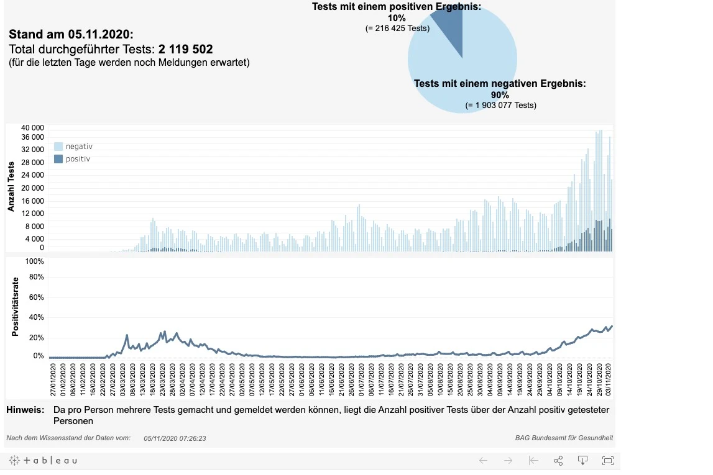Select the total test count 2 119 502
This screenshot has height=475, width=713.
pos(185,49)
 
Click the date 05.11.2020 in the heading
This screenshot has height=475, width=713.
pos(99,35)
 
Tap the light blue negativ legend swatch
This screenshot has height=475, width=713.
pos(58,146)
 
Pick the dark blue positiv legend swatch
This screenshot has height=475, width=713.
pos(58,159)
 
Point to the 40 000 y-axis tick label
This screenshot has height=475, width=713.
pos(32,128)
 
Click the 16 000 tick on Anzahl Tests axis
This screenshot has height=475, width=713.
pos(32,201)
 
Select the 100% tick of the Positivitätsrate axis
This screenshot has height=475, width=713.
pos(35,261)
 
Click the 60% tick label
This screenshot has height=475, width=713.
pos(37,297)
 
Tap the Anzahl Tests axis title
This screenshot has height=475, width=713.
pos(11,186)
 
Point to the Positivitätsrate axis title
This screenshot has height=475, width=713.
pos(16,307)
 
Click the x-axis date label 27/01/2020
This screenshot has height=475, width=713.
pos(53,379)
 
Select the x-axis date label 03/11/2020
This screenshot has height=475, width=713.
pos(609,379)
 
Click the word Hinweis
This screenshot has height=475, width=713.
pos(25,410)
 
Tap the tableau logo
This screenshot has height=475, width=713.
pos(43,461)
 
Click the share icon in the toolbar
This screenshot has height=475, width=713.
pos(558,461)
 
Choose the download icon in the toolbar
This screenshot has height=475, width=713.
pos(582,461)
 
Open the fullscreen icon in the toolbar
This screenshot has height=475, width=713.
pos(607,461)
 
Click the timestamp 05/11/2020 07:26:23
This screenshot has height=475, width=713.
pos(175,438)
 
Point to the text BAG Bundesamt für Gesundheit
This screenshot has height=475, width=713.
pos(564,438)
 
